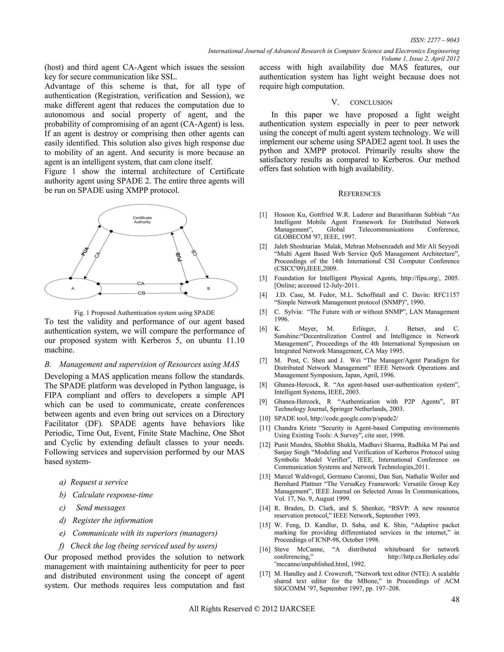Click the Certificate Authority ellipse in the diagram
142,220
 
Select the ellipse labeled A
73,288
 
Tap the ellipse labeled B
208,288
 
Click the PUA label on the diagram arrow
85,251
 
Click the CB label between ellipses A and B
142,293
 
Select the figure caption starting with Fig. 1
144,313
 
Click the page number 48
455,599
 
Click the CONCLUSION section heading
371,103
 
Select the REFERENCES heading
359,194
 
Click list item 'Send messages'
101,508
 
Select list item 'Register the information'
112,520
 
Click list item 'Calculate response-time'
112,495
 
